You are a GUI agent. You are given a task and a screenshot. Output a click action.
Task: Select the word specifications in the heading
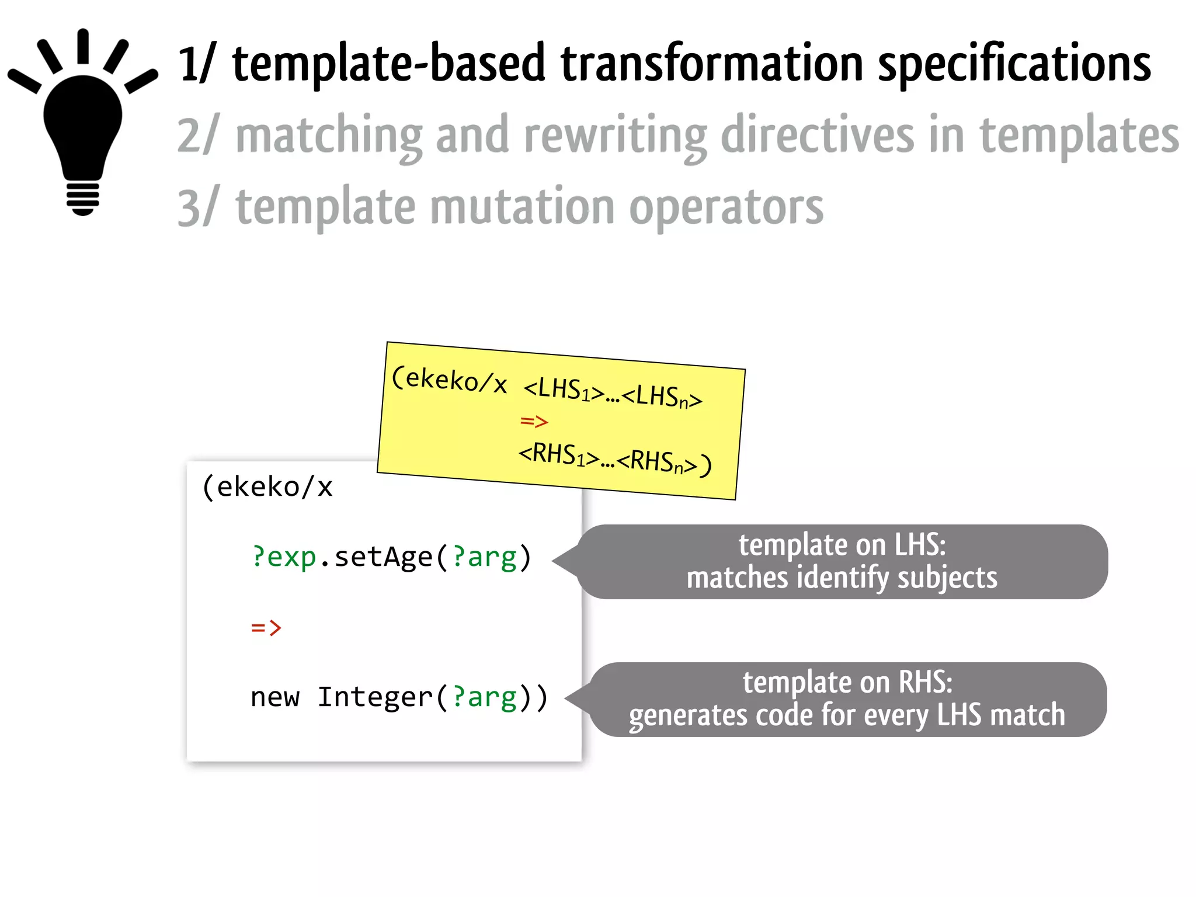tap(1014, 65)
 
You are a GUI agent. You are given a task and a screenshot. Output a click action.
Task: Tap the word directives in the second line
tap(817, 135)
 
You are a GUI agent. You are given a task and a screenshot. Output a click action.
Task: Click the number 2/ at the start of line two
tap(197, 135)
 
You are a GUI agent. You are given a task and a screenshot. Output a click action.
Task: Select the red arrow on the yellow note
tap(534, 421)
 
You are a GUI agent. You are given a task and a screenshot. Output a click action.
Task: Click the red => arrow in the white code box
tap(266, 628)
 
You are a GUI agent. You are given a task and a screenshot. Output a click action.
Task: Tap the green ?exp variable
tap(284, 557)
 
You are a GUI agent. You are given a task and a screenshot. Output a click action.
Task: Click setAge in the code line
tap(383, 557)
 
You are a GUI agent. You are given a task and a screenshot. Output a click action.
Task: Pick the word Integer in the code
tap(374, 697)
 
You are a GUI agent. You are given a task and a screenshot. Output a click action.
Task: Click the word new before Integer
tap(274, 697)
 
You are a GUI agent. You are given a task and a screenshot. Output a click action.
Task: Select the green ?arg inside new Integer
tap(484, 697)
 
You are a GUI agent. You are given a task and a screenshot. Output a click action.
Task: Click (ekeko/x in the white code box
tap(267, 486)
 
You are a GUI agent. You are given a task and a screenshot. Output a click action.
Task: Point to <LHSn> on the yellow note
tap(662, 397)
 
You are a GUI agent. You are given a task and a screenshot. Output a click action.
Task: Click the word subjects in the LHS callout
tap(947, 578)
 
